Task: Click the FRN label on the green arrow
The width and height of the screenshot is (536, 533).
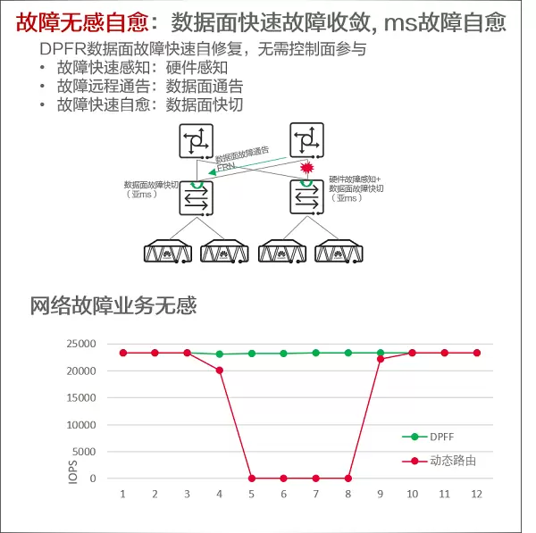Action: click(223, 166)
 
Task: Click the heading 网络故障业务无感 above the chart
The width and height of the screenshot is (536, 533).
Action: click(113, 305)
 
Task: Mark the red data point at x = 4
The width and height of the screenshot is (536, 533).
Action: click(219, 370)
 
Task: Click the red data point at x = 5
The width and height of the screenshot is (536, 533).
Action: click(251, 479)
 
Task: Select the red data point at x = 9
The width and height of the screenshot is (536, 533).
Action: click(381, 359)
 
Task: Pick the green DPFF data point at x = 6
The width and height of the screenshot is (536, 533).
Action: click(283, 354)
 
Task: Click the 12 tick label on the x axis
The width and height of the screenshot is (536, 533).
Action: click(476, 494)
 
